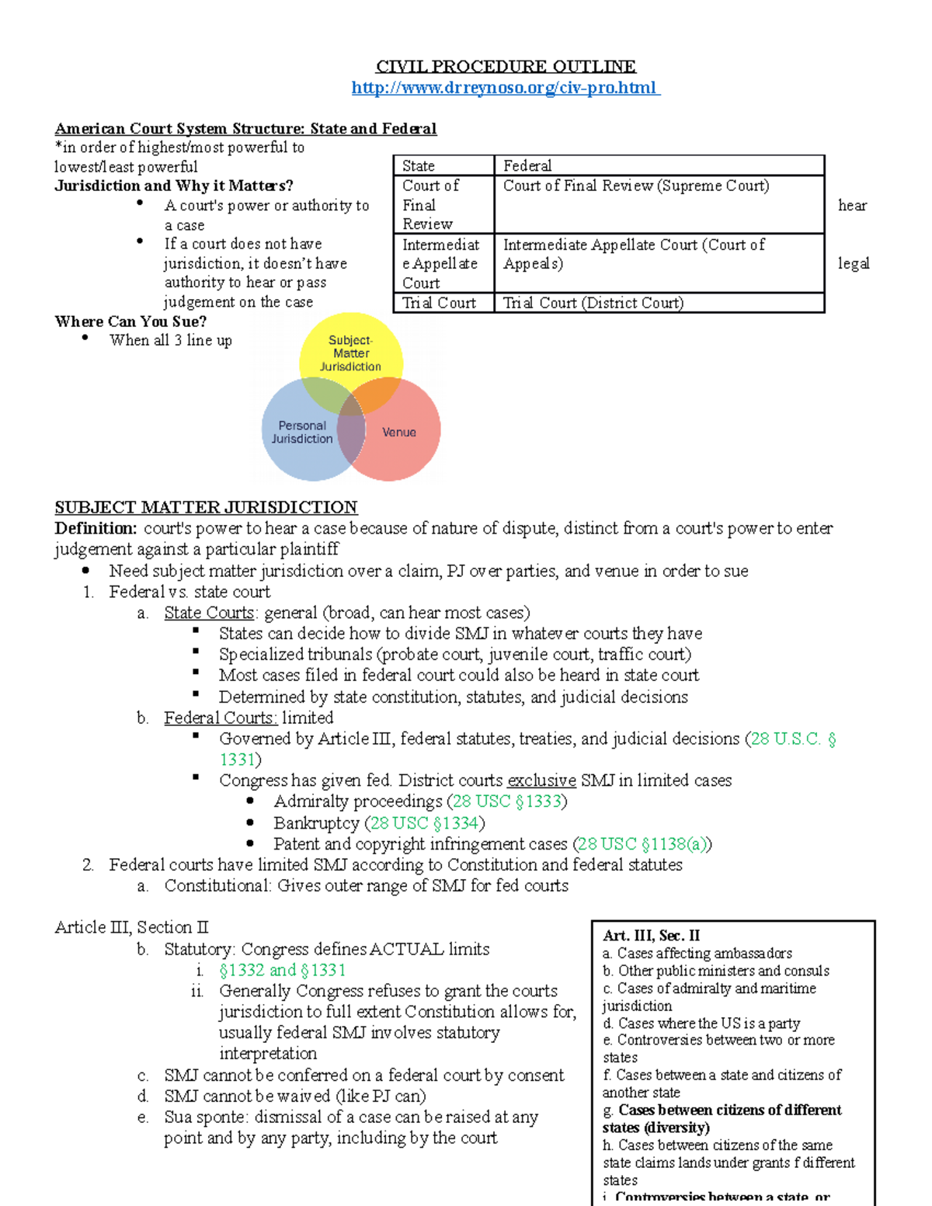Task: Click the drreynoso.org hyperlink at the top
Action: pyautogui.click(x=505, y=88)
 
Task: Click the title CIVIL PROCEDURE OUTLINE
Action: pyautogui.click(x=506, y=67)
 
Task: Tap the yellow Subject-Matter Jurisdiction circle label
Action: pyautogui.click(x=351, y=353)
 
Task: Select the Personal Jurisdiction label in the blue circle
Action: pyautogui.click(x=302, y=432)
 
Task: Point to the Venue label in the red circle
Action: pyautogui.click(x=399, y=432)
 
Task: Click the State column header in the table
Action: pyautogui.click(x=419, y=165)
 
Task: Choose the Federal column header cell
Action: pyautogui.click(x=528, y=165)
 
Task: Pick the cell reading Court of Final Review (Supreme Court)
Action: pyautogui.click(x=636, y=186)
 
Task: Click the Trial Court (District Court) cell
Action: pyautogui.click(x=593, y=303)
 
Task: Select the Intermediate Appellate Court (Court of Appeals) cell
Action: pyautogui.click(x=633, y=254)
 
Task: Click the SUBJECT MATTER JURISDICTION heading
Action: pyautogui.click(x=206, y=507)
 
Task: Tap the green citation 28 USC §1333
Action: pyautogui.click(x=506, y=801)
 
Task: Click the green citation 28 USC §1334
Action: pyautogui.click(x=424, y=822)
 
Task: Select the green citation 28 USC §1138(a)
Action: pyautogui.click(x=642, y=843)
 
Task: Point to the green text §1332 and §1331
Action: pyautogui.click(x=282, y=970)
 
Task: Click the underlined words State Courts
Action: pyautogui.click(x=209, y=613)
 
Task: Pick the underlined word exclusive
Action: pyautogui.click(x=541, y=780)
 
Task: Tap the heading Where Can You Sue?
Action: pyautogui.click(x=130, y=321)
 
